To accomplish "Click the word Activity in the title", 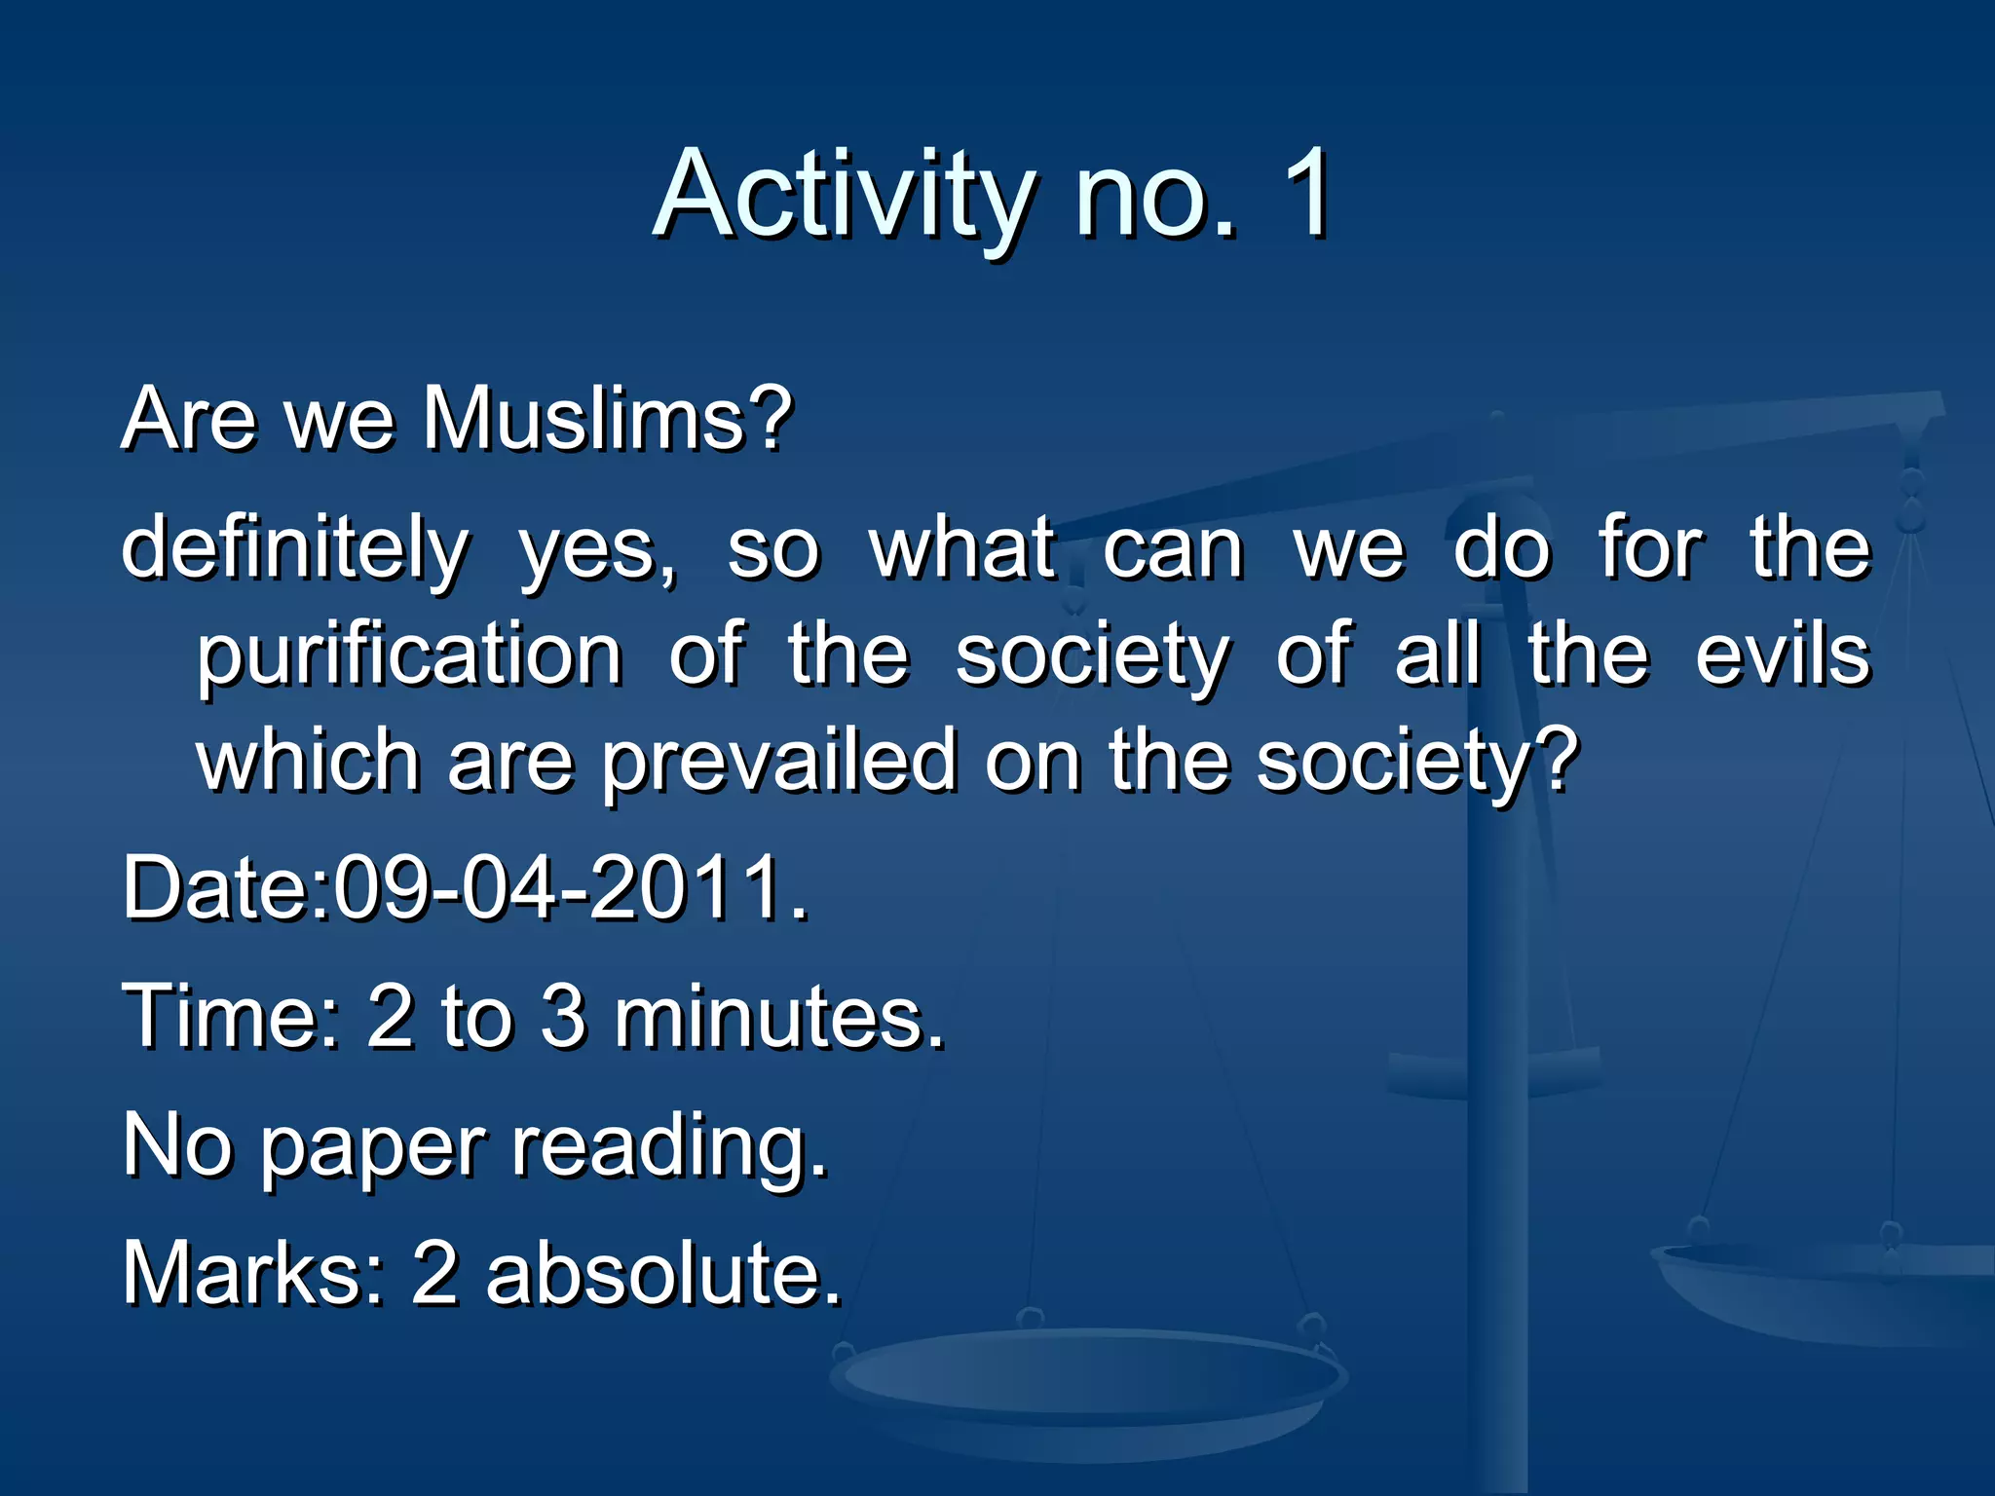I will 844,195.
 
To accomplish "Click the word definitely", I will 295,548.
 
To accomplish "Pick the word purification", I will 409,656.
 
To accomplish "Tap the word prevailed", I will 778,762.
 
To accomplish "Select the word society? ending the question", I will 1416,762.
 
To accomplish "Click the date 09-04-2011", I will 570,887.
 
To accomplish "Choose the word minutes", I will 779,1018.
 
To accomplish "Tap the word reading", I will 670,1147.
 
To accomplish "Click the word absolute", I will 663,1273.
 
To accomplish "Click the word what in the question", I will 962,548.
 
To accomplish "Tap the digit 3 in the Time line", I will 563,1016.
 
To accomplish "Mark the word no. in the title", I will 1155,195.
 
